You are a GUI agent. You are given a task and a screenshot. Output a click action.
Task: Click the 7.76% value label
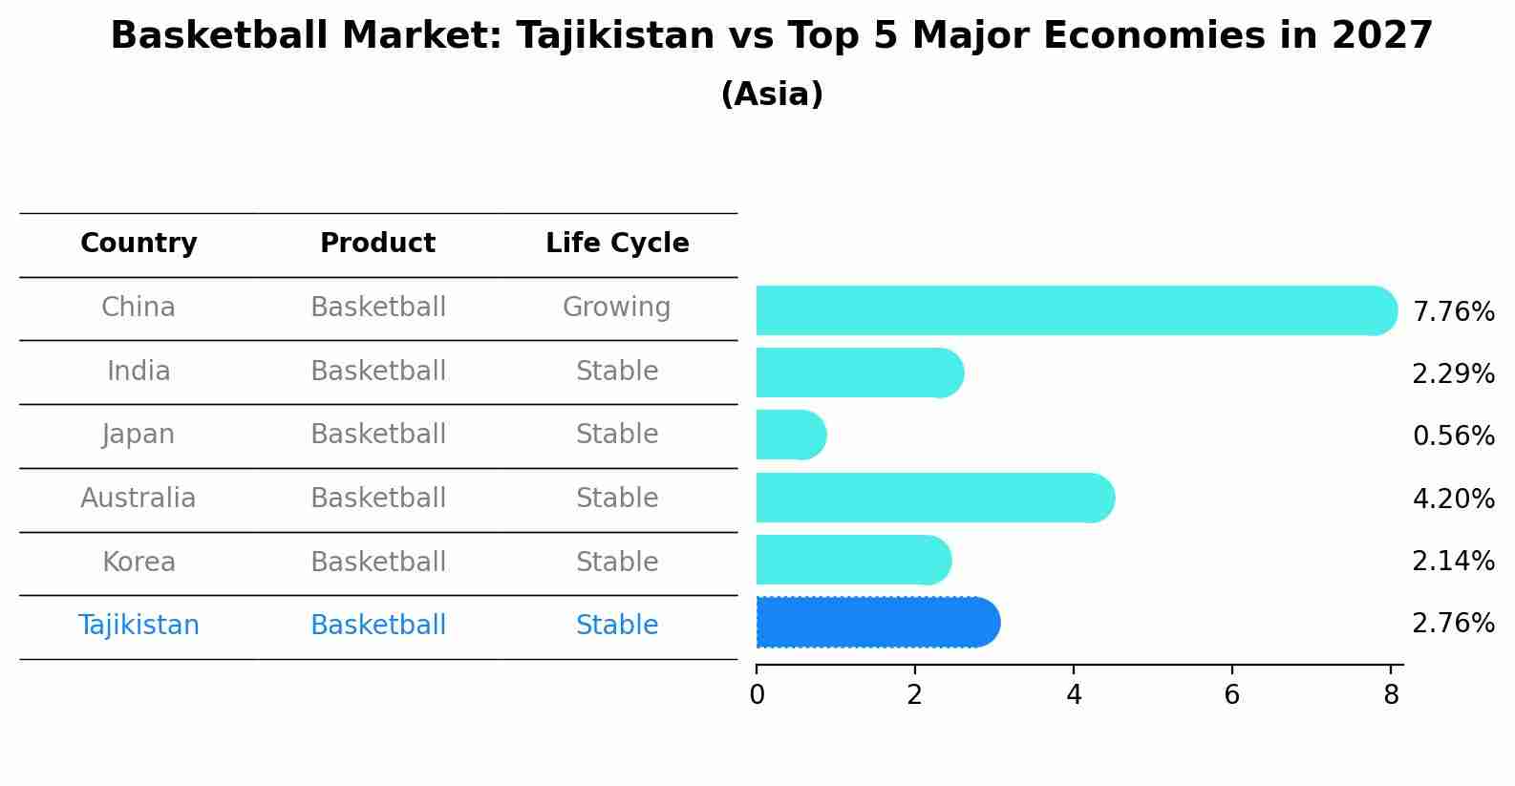[x=1453, y=312]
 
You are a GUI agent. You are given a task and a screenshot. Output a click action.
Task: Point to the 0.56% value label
[x=1453, y=436]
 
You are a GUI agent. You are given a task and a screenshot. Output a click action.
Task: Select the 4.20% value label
[x=1453, y=499]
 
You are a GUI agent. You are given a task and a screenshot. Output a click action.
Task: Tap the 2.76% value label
[x=1453, y=624]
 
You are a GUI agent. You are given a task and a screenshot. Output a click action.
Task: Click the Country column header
[x=139, y=244]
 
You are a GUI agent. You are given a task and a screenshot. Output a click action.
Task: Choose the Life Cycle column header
[x=617, y=244]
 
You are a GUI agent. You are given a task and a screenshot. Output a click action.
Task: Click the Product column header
[x=377, y=244]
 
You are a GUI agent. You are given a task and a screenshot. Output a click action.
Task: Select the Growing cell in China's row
[x=616, y=308]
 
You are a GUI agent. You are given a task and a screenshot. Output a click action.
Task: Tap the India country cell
[x=139, y=372]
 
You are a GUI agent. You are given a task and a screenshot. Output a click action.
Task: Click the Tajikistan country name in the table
[x=139, y=626]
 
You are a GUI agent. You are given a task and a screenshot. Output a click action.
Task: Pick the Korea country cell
[x=139, y=563]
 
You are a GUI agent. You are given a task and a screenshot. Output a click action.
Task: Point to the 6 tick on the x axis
[x=1231, y=695]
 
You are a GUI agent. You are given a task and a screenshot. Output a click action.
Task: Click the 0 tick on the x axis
[x=757, y=695]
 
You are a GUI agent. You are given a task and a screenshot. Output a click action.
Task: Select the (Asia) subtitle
[x=772, y=95]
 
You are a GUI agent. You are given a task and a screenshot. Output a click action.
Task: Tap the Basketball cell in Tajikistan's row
[x=377, y=626]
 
